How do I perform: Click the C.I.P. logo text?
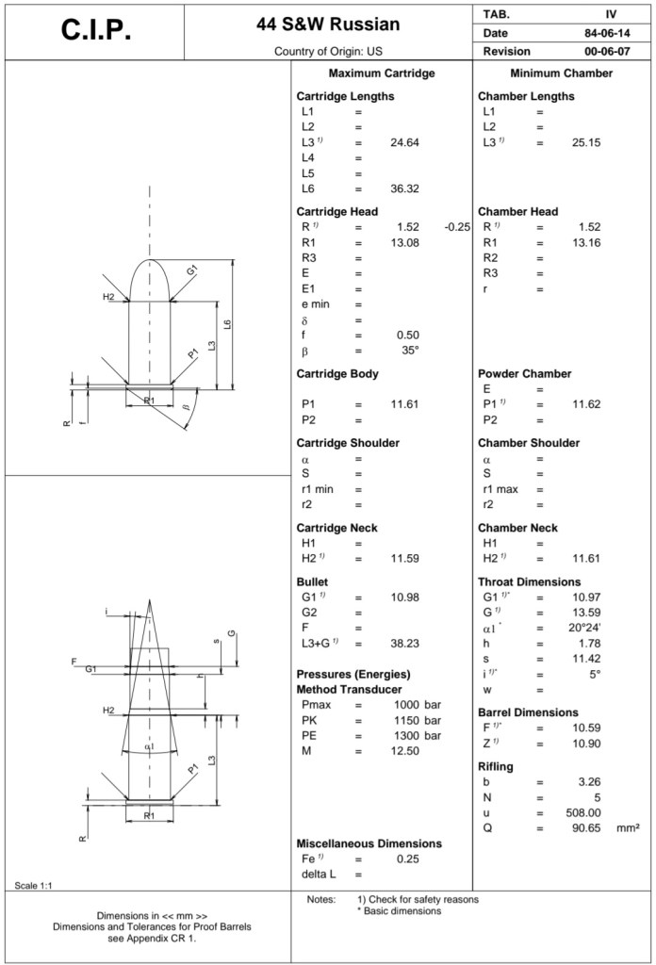[x=95, y=30]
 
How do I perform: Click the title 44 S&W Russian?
[x=328, y=24]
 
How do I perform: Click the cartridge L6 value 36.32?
[x=404, y=188]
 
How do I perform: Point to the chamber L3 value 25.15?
[x=586, y=142]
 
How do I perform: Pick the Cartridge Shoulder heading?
[x=348, y=443]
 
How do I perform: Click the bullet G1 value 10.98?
[x=404, y=597]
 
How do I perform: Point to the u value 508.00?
[x=583, y=812]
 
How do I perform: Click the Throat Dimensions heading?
[x=529, y=582]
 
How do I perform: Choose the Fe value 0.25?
[x=407, y=859]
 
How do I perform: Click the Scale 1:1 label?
[x=31, y=884]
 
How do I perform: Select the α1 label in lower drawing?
[x=150, y=746]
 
